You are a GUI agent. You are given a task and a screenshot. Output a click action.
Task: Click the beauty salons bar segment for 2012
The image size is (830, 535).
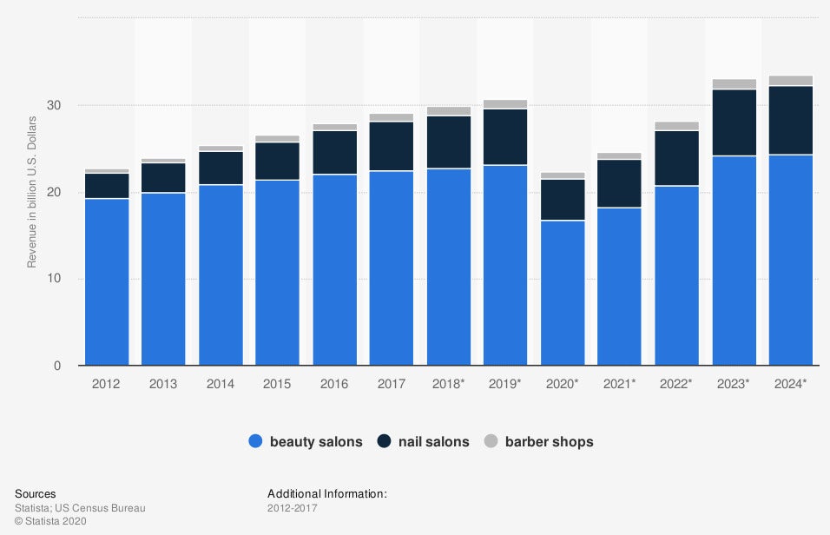[107, 282]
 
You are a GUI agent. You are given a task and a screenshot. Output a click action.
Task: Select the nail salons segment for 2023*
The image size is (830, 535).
[734, 122]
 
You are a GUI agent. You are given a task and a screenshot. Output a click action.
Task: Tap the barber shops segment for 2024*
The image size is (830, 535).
[791, 81]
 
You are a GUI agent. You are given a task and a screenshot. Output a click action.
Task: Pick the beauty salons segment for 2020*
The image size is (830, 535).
[563, 293]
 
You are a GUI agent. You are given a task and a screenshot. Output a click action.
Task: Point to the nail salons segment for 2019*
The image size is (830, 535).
[505, 136]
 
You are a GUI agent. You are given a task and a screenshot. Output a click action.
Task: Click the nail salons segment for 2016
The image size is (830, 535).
[335, 152]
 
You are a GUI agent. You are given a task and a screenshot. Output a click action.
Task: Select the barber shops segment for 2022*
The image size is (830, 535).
[676, 126]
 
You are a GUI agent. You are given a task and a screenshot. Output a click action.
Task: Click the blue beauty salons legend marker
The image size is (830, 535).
[255, 441]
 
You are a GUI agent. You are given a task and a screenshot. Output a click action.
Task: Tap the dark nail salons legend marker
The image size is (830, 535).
[384, 441]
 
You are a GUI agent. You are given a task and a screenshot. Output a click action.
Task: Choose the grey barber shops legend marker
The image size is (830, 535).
[491, 441]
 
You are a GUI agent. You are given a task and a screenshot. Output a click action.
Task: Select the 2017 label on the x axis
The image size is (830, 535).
[392, 383]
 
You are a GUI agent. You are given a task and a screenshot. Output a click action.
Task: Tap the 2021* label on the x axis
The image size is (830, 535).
[620, 383]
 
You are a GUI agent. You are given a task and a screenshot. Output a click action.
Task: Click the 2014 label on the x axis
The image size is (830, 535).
[221, 383]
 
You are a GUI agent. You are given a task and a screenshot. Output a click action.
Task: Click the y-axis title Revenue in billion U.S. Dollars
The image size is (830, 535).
[32, 191]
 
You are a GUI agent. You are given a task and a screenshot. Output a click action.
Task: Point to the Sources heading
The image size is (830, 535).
[35, 493]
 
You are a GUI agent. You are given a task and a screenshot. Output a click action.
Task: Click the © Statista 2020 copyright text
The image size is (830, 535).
[50, 521]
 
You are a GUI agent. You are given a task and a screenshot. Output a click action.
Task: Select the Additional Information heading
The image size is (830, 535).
[326, 493]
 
